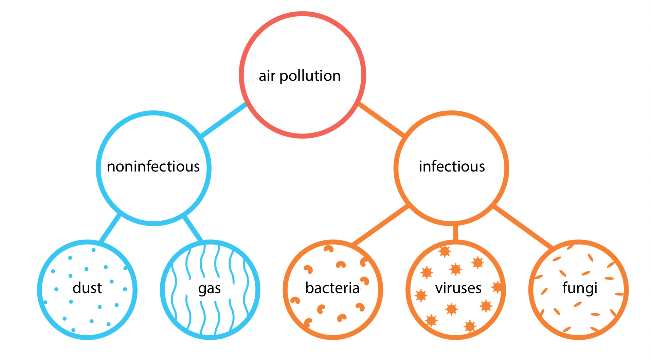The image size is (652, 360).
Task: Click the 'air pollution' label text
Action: click(300, 76)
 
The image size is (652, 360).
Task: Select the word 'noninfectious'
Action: click(153, 166)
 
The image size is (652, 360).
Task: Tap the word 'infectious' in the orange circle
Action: click(452, 166)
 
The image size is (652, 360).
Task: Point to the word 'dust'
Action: click(87, 288)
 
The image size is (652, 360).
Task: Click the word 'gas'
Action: click(210, 289)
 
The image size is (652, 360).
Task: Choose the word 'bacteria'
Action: click(332, 288)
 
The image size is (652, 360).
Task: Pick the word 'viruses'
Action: click(458, 288)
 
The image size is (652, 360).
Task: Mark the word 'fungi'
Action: click(580, 288)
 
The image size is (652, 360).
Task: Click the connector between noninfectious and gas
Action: click(193, 228)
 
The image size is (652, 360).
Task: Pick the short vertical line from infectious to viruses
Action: click(455, 233)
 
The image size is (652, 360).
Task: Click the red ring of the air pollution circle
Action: click(303, 14)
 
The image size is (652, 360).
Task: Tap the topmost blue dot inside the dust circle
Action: click(93, 250)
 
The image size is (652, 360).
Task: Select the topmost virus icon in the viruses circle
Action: click(445, 251)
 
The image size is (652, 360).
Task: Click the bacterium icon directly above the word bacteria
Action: click(341, 265)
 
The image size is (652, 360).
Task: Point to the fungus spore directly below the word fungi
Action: click(578, 304)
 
